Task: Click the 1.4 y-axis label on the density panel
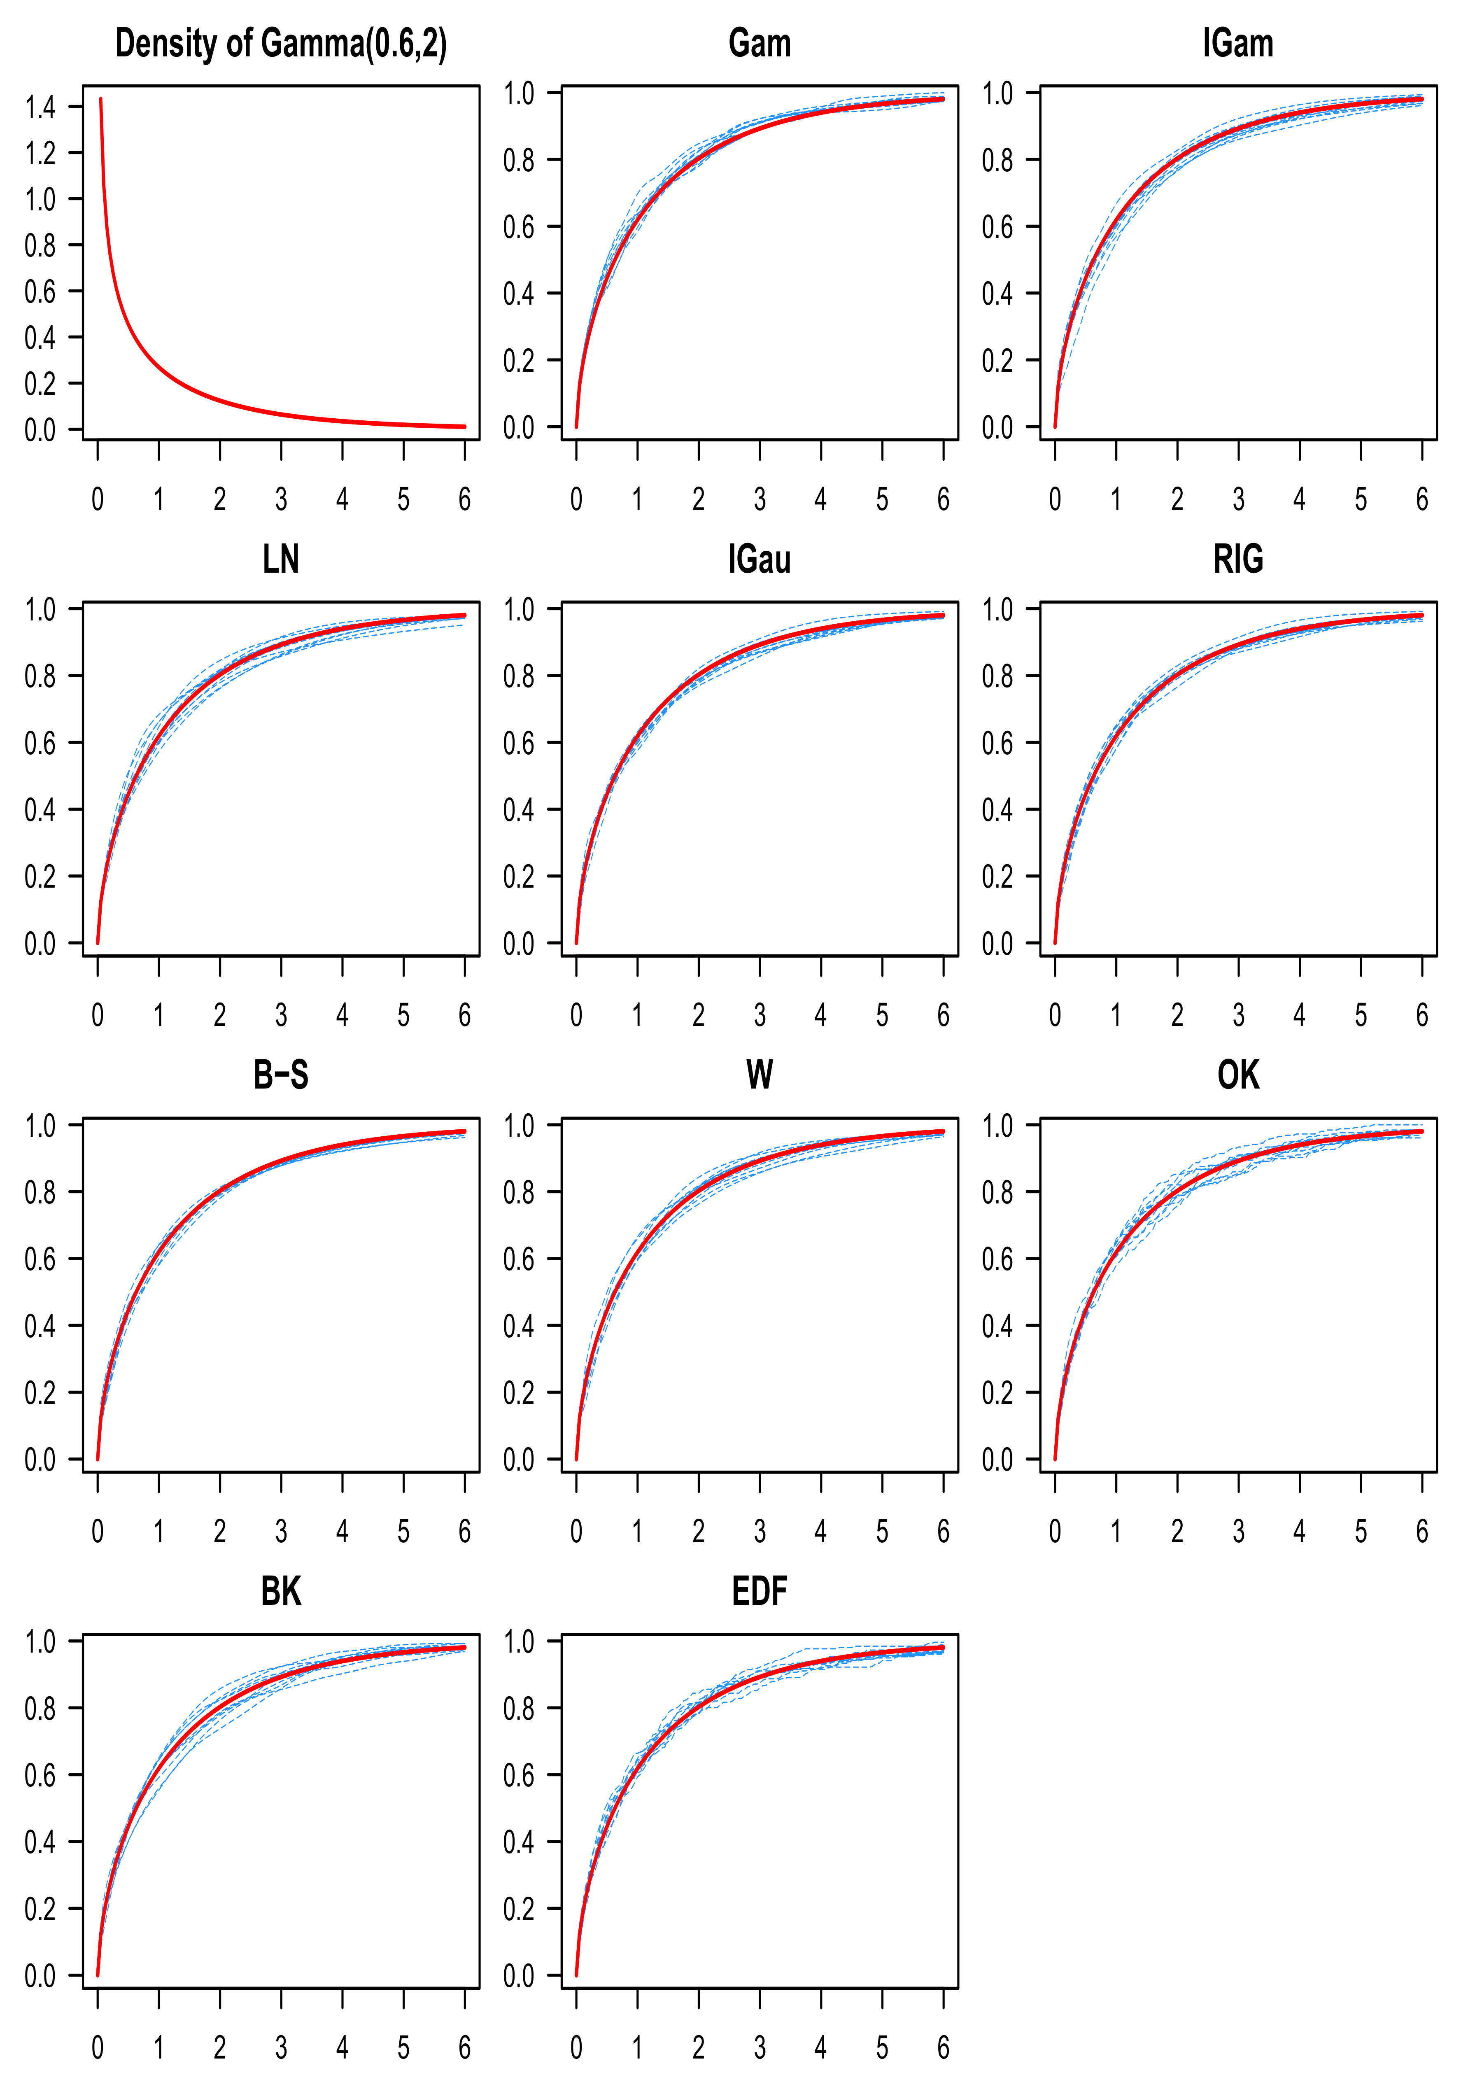(40, 107)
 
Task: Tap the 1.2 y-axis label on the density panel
(40, 154)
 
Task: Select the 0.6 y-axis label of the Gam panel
(519, 227)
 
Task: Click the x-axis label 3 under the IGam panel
(1238, 499)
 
